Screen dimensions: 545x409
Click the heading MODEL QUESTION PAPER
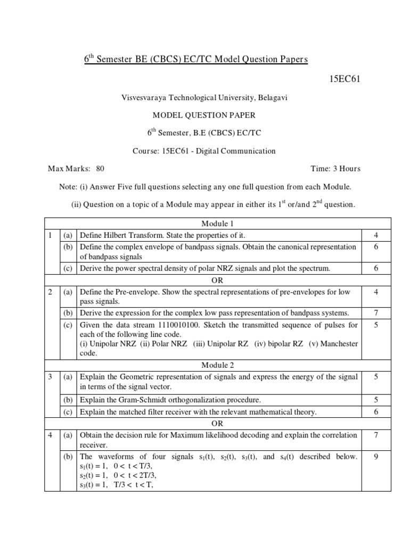(204, 115)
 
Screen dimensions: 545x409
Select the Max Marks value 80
(100, 169)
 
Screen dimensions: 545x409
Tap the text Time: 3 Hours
(336, 169)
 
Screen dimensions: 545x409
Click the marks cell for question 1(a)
(376, 235)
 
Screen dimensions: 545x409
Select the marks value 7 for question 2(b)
(376, 312)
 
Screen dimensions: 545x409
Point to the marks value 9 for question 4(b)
(376, 457)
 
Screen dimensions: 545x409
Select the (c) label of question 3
(68, 411)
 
